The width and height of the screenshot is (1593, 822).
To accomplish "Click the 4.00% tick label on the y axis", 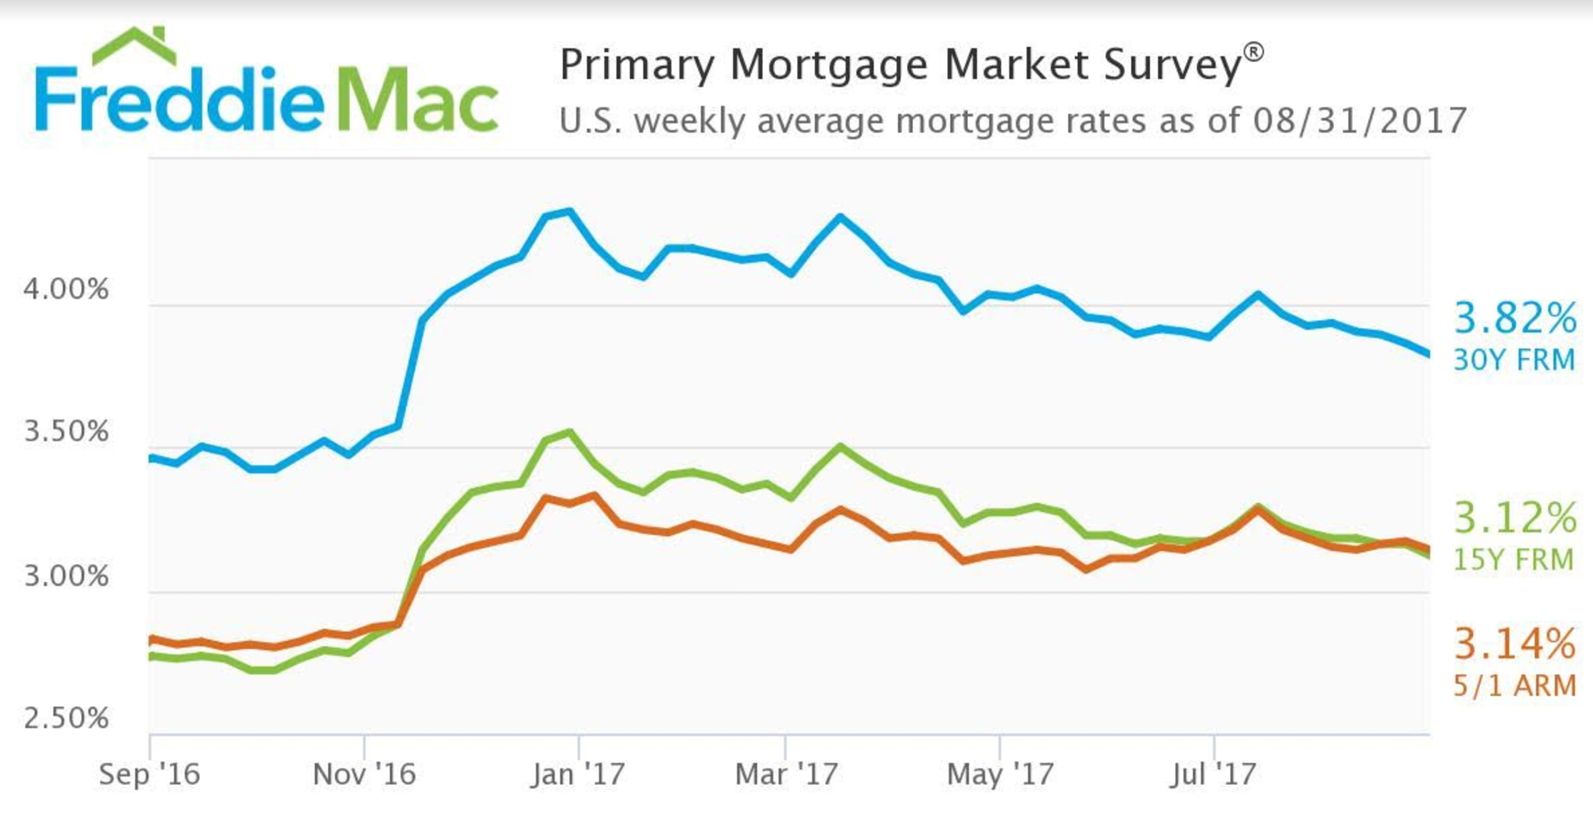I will tap(66, 289).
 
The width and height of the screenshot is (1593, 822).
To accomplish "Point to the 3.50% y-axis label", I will tap(66, 432).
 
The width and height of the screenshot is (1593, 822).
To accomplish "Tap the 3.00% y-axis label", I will tap(66, 575).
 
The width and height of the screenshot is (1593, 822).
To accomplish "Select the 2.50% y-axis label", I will tap(66, 718).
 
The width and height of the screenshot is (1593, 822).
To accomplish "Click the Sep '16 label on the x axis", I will tap(149, 774).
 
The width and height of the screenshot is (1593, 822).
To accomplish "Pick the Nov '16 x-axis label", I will tap(364, 774).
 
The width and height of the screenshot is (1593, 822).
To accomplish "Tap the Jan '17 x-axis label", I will tap(578, 774).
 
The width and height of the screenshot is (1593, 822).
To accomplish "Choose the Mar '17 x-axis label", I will tap(786, 774).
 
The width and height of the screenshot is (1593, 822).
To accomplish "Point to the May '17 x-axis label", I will tap(1000, 774).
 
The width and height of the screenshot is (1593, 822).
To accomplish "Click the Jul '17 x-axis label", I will tap(1213, 774).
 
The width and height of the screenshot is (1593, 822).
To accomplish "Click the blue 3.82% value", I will tap(1515, 318).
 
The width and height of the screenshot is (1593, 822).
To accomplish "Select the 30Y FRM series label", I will tap(1514, 360).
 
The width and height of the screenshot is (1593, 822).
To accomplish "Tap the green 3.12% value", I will tap(1515, 518).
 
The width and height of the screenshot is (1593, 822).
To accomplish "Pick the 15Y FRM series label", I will tap(1514, 559).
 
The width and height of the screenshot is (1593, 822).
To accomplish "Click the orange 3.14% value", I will tap(1515, 644).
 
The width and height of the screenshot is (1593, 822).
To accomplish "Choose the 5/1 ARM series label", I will tap(1514, 685).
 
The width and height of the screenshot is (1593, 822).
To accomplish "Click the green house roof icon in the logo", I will tap(134, 46).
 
